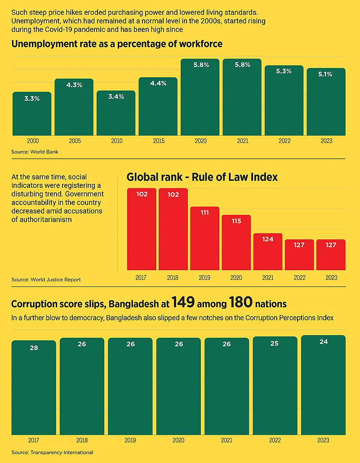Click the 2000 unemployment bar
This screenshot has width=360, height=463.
(32, 114)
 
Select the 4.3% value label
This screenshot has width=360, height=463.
(74, 85)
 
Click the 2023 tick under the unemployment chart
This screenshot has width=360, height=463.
(326, 141)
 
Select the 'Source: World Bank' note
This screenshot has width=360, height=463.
(35, 152)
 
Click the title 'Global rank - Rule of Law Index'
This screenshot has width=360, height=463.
(202, 177)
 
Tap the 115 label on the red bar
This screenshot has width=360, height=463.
(236, 221)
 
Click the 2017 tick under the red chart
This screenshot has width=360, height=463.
(141, 278)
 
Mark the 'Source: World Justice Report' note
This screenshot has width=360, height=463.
(46, 280)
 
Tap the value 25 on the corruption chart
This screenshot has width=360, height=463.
(275, 343)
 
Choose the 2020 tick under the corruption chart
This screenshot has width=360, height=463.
(178, 441)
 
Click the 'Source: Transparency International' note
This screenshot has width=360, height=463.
(52, 452)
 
